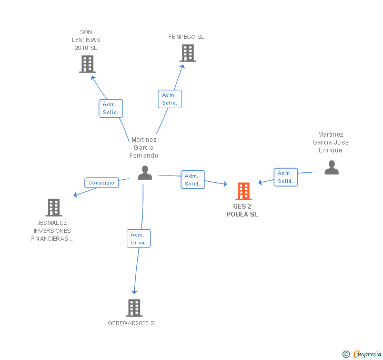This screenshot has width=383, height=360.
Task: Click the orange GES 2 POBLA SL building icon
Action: (x=244, y=191)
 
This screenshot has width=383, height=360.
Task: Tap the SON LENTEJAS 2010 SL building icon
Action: (x=87, y=64)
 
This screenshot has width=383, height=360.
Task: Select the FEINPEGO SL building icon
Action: (x=187, y=53)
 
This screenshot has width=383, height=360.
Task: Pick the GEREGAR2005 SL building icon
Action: (x=134, y=308)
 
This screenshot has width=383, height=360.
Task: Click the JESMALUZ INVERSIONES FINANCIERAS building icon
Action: (x=53, y=208)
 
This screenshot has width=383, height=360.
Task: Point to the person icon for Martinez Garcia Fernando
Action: (x=145, y=172)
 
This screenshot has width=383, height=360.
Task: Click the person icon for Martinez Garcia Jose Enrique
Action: (x=331, y=167)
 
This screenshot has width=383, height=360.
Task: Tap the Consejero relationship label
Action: (x=102, y=183)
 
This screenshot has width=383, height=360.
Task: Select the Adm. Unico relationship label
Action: (x=139, y=239)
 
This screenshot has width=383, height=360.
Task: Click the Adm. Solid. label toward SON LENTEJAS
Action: (x=111, y=108)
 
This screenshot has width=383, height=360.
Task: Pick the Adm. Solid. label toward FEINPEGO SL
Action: (x=170, y=99)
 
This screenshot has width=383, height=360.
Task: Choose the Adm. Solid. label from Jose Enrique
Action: (x=286, y=177)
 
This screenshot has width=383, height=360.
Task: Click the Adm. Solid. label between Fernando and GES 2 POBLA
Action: (x=193, y=180)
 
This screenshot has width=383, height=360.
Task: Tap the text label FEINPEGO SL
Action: (x=186, y=37)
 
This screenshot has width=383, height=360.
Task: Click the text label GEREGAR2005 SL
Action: (x=133, y=324)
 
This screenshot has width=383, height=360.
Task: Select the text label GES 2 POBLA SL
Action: (x=242, y=210)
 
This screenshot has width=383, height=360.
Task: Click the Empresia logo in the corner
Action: (x=367, y=354)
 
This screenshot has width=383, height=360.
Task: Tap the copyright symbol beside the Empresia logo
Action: (x=346, y=354)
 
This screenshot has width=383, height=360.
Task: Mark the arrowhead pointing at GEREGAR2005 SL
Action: (x=134, y=292)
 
